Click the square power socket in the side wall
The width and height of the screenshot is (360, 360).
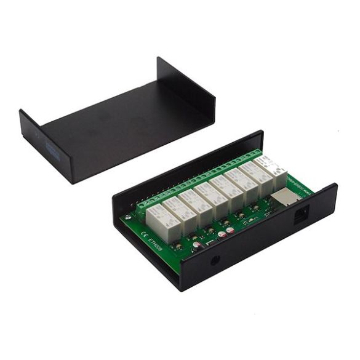point(302,217)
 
